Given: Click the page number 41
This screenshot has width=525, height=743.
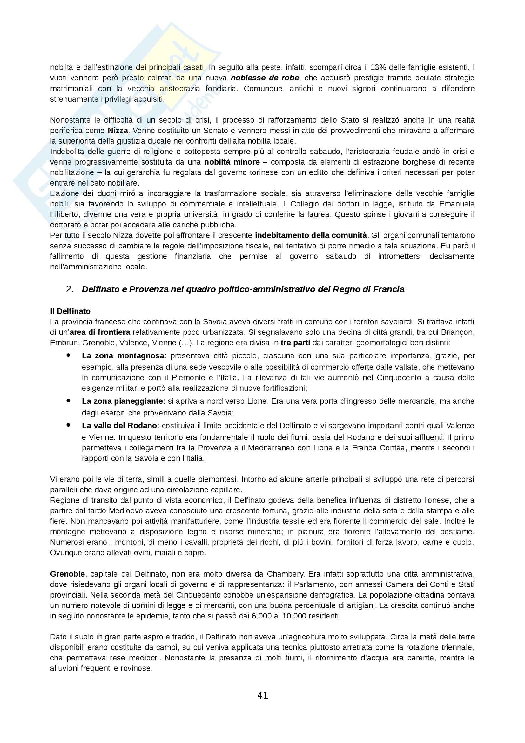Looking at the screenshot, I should [x=262, y=695].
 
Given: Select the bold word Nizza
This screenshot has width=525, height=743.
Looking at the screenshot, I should [x=118, y=131].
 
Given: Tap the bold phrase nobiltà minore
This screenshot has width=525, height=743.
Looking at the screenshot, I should [x=232, y=162].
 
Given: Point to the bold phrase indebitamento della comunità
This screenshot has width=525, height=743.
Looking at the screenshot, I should [x=311, y=235].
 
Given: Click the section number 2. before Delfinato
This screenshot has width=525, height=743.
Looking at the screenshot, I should [x=70, y=289].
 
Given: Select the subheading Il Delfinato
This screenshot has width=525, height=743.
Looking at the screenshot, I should [x=70, y=311].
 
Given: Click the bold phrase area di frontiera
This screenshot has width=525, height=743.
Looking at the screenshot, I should [x=100, y=332].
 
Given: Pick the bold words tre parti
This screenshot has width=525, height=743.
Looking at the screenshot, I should [x=295, y=343].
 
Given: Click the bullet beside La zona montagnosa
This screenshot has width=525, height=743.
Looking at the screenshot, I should [x=68, y=355].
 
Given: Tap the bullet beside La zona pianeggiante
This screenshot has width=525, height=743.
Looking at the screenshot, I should [x=68, y=401].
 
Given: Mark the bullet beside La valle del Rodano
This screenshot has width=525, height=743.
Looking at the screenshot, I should [x=68, y=425].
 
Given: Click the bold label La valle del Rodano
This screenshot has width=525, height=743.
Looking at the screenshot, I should [x=119, y=426].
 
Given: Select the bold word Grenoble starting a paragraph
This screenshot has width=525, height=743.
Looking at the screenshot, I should [x=67, y=574].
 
